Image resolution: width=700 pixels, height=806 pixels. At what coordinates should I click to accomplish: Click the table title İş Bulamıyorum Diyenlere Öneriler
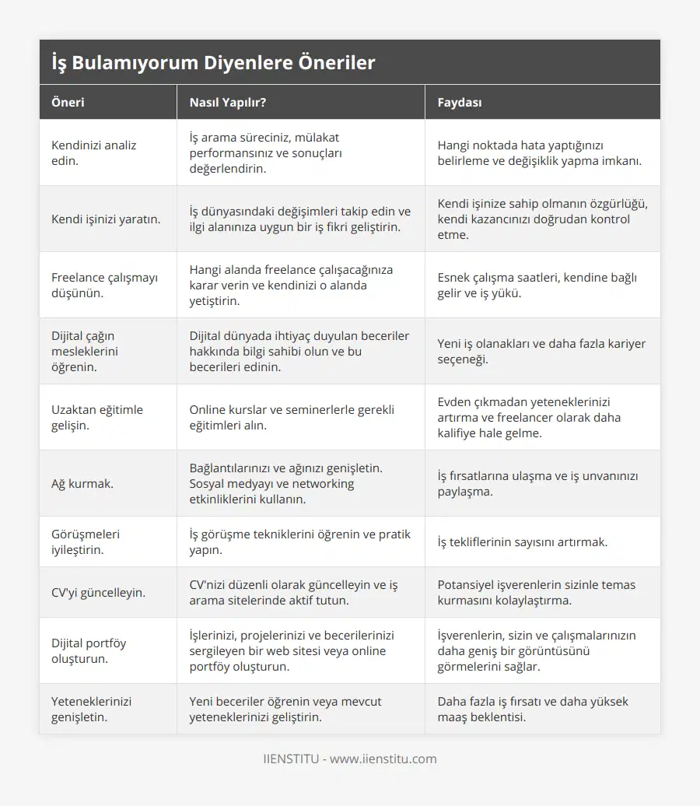click(213, 63)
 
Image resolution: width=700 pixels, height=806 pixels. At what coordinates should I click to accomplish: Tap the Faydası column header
click(460, 102)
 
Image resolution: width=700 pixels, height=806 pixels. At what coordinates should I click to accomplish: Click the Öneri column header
click(68, 102)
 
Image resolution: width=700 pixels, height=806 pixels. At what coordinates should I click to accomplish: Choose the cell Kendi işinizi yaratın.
click(106, 219)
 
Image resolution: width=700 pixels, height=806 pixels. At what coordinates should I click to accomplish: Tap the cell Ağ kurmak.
click(82, 483)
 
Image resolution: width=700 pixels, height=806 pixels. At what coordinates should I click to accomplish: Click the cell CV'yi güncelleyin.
click(98, 592)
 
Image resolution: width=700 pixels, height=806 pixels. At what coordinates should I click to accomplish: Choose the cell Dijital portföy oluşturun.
click(89, 650)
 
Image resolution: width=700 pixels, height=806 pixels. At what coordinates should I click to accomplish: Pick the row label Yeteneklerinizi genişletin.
click(91, 709)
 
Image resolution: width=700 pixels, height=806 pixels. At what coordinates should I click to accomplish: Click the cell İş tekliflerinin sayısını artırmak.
click(523, 541)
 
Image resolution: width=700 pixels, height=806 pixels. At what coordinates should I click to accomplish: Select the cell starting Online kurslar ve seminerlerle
click(292, 417)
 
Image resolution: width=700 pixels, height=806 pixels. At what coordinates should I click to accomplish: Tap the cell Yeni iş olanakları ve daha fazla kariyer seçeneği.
click(541, 351)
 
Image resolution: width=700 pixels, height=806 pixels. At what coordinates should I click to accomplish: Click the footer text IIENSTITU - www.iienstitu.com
click(350, 759)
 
